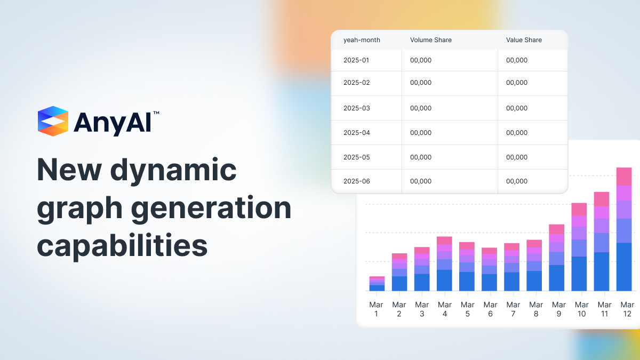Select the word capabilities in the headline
click(122, 246)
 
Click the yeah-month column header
click(362, 40)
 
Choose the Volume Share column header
click(430, 40)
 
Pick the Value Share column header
click(524, 40)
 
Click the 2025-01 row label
click(356, 60)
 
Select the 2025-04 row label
click(356, 133)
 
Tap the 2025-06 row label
click(356, 181)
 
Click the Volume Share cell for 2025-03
click(421, 108)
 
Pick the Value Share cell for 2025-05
click(517, 157)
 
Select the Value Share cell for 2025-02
click(517, 83)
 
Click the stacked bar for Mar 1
click(377, 284)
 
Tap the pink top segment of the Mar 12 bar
click(624, 177)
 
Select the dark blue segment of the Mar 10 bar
click(579, 274)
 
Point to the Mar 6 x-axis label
click(491, 309)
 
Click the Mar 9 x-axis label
click(559, 309)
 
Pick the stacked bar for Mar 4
click(444, 264)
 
